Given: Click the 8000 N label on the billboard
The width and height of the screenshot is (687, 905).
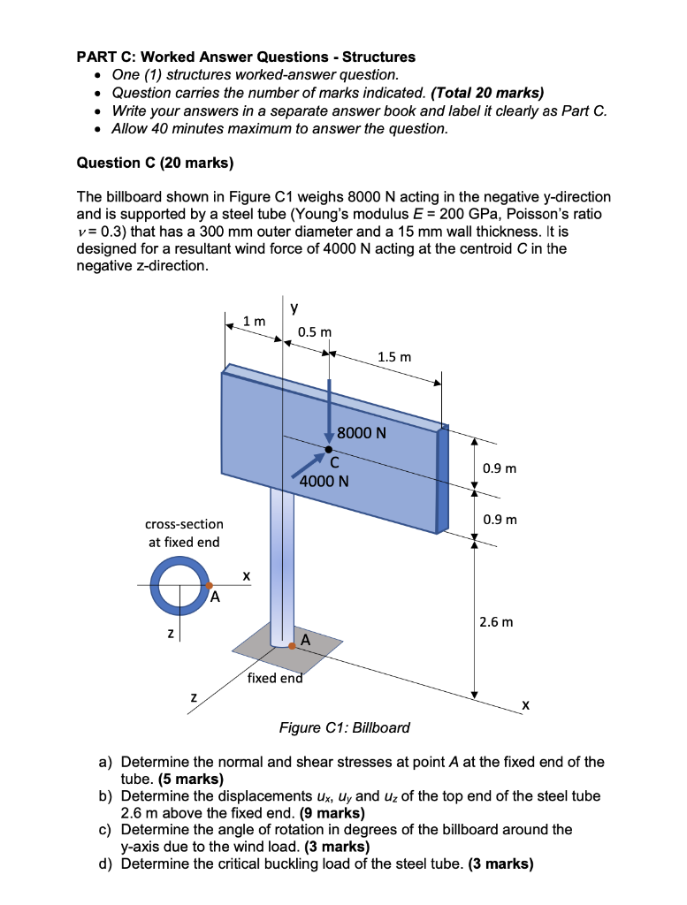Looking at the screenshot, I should pyautogui.click(x=362, y=433).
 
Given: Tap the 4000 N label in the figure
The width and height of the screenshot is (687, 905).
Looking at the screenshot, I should pyautogui.click(x=324, y=482).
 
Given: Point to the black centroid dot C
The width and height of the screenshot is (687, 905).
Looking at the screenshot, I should pyautogui.click(x=328, y=450).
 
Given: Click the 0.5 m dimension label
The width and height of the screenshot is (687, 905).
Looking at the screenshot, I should pyautogui.click(x=314, y=331).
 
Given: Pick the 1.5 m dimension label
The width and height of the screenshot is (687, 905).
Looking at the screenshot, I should pyautogui.click(x=393, y=357).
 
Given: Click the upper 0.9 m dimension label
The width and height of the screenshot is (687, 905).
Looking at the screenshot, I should pyautogui.click(x=500, y=468).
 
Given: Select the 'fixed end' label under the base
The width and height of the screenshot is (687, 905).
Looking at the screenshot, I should pyautogui.click(x=275, y=678).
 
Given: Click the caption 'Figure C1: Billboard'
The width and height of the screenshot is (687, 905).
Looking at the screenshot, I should pyautogui.click(x=344, y=727).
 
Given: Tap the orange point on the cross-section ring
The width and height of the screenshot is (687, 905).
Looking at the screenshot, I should pyautogui.click(x=209, y=585).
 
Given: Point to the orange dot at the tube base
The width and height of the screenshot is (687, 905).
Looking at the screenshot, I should pyautogui.click(x=291, y=646).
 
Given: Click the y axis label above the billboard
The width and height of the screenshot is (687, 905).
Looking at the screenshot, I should pyautogui.click(x=294, y=307).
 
